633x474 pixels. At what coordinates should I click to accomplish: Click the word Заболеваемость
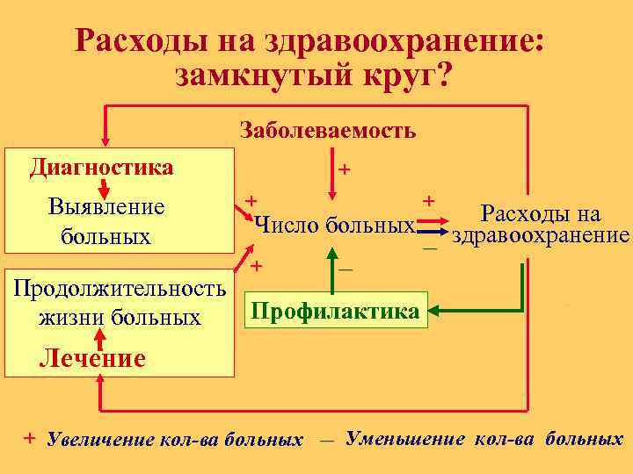click(327, 131)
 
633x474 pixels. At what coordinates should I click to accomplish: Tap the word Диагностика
click(101, 166)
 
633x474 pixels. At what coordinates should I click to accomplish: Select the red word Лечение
click(92, 358)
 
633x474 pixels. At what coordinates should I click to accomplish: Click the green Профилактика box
click(336, 311)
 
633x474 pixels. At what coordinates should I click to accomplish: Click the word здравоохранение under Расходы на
click(539, 235)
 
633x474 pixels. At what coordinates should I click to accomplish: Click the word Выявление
click(107, 208)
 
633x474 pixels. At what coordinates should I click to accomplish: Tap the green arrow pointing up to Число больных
click(331, 263)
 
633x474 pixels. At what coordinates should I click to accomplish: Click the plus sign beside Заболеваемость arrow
click(346, 168)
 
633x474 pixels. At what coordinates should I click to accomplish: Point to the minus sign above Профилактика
click(346, 269)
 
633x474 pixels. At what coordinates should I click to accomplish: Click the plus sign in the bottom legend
click(30, 437)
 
